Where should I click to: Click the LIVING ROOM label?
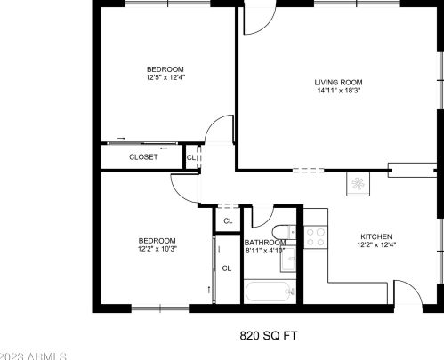pos(339,83)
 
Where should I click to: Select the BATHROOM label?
pos(264,242)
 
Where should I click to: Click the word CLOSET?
pos(143,157)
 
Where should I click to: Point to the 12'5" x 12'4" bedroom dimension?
pos(165,78)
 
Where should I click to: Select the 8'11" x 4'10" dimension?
pos(264,251)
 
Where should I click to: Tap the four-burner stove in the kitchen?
pos(315,236)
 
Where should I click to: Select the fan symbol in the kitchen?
pos(360,184)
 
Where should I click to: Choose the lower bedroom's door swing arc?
pos(183,188)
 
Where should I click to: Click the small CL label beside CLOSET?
pos(191,158)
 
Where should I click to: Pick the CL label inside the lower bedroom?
pos(226,267)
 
